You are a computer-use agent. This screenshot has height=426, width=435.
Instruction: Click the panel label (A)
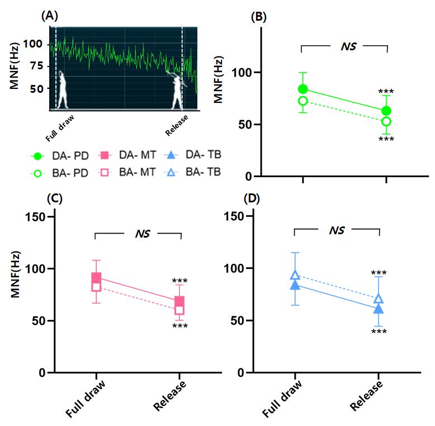coord(50,16)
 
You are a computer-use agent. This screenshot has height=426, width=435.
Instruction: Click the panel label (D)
coord(252,198)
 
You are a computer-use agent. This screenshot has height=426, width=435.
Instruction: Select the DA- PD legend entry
coord(60,156)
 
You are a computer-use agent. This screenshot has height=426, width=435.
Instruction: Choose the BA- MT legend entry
coord(127,172)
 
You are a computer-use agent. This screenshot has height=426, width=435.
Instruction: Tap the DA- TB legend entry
coord(193,155)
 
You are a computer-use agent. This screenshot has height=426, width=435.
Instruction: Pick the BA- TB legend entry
coord(193,172)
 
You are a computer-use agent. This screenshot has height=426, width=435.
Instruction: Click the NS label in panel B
coord(348,46)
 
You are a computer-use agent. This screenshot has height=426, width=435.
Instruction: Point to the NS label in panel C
coord(143,234)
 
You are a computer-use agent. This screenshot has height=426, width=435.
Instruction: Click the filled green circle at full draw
coord(303,89)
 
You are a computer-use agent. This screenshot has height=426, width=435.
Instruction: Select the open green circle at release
coord(386,121)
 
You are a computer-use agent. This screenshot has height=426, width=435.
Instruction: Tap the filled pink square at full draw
coord(96,278)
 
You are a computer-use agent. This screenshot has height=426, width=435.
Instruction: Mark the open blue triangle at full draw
coord(295,274)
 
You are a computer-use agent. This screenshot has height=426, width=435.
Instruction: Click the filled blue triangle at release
coord(379,309)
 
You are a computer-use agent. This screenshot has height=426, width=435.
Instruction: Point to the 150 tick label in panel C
coord(35,217)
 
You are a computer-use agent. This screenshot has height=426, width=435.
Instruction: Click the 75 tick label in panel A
coord(36,66)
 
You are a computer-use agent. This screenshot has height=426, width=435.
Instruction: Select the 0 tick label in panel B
coord(249,177)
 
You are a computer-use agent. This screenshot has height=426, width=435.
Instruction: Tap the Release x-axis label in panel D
coord(366,395)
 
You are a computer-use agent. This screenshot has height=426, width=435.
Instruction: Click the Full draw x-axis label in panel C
coord(86,399)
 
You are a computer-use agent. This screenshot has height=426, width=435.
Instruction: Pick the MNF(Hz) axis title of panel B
coord(219,79)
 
